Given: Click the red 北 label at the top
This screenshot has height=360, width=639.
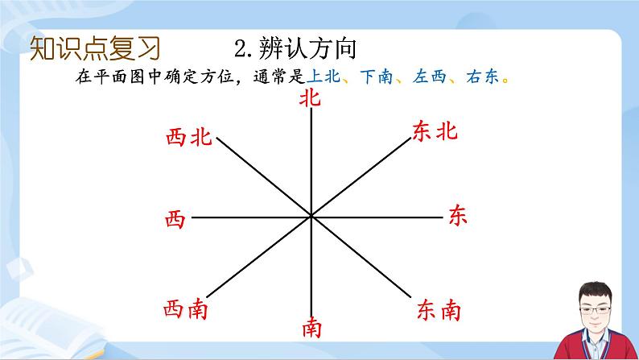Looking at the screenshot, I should click(x=310, y=99).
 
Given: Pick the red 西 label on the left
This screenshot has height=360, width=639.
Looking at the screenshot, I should click(x=174, y=218).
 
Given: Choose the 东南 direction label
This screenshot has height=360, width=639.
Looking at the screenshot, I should click(x=439, y=308).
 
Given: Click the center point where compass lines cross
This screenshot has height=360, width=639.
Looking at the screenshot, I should click(x=311, y=217).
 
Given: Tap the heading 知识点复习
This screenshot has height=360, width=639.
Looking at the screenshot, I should click(x=94, y=48).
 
